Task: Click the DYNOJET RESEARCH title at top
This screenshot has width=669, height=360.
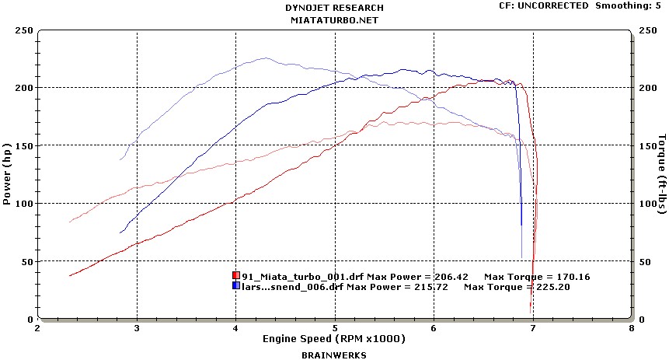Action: point(334,8)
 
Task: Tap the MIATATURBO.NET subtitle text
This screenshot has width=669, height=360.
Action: point(334,19)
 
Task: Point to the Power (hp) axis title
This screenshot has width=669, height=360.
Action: point(7,173)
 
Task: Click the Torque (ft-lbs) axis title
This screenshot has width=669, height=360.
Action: point(660,173)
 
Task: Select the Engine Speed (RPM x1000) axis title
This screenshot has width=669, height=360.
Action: point(334,339)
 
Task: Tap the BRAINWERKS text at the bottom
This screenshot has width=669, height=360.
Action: point(334,355)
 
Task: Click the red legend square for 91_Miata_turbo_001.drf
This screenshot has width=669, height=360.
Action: point(236,276)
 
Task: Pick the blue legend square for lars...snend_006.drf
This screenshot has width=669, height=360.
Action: point(236,286)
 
